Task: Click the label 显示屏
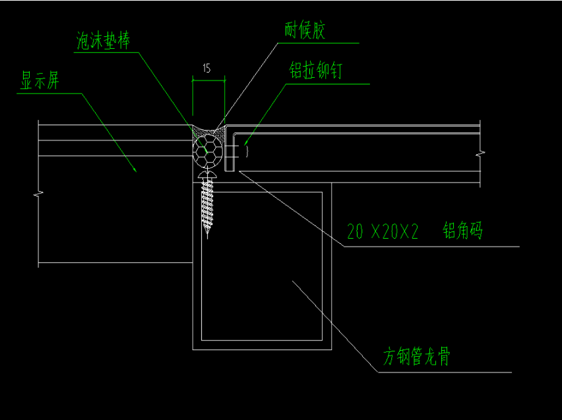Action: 40,81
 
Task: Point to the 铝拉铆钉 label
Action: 315,71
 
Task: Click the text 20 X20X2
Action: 383,232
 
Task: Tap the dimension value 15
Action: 207,69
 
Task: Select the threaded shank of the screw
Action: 208,201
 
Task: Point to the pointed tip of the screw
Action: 208,234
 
